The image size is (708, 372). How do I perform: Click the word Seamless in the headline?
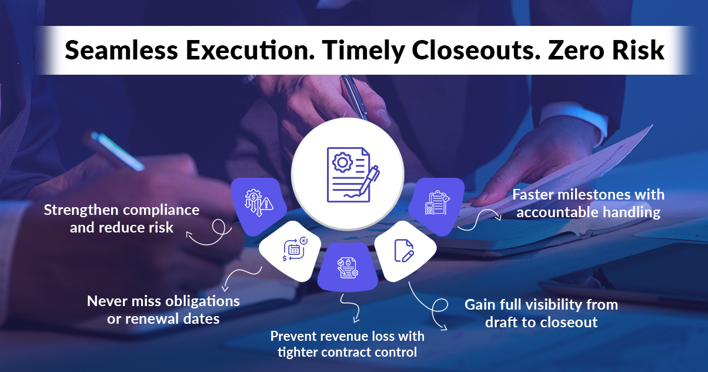121,50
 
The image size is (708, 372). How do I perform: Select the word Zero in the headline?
576,50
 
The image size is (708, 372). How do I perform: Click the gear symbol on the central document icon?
342,162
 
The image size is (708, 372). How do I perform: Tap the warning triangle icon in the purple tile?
266,204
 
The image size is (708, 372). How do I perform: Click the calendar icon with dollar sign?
295,249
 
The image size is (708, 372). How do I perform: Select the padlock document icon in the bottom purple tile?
347,268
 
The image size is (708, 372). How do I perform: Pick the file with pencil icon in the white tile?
404,251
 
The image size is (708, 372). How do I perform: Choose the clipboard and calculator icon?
437,202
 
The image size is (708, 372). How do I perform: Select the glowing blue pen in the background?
118,151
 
